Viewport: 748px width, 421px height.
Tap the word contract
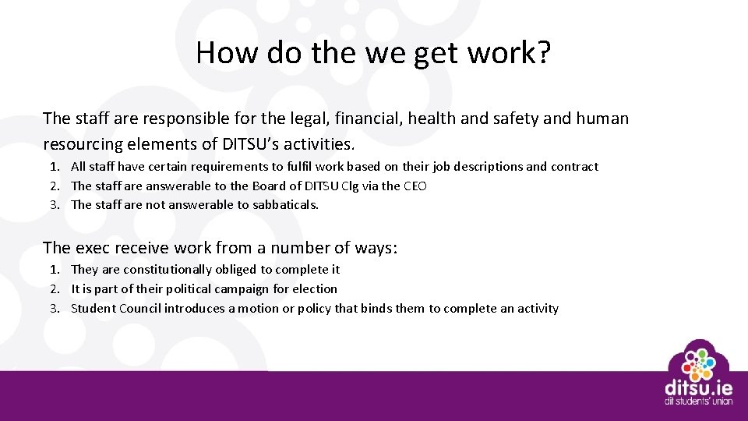pos(573,167)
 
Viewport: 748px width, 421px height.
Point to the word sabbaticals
pos(285,205)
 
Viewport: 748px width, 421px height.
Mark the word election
pos(316,289)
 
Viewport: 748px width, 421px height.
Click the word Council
pos(140,309)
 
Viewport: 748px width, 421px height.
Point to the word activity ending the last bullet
pos(538,309)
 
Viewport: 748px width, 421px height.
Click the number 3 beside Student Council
pos(55,309)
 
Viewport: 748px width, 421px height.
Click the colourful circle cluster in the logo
pos(698,361)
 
